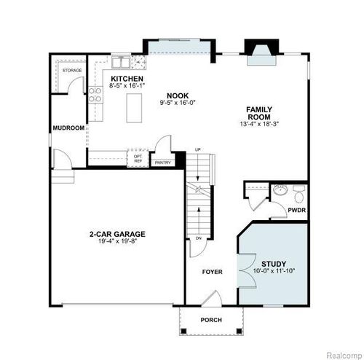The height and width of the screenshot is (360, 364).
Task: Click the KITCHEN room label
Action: [126, 79]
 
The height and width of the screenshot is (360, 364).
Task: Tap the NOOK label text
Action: [173, 95]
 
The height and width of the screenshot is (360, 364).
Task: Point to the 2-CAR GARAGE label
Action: [117, 234]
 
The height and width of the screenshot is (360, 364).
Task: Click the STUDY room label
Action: [274, 264]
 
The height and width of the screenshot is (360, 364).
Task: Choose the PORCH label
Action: [211, 320]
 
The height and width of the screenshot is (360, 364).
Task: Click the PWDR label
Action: [296, 210]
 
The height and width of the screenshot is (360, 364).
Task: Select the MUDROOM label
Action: [68, 128]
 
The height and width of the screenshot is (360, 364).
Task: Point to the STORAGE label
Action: [71, 71]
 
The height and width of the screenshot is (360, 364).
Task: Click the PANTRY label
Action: [163, 163]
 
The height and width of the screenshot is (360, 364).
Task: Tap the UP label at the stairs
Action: [197, 150]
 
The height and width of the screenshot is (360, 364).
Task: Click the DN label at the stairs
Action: [197, 239]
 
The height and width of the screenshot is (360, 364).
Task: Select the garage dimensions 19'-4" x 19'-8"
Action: [117, 241]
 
